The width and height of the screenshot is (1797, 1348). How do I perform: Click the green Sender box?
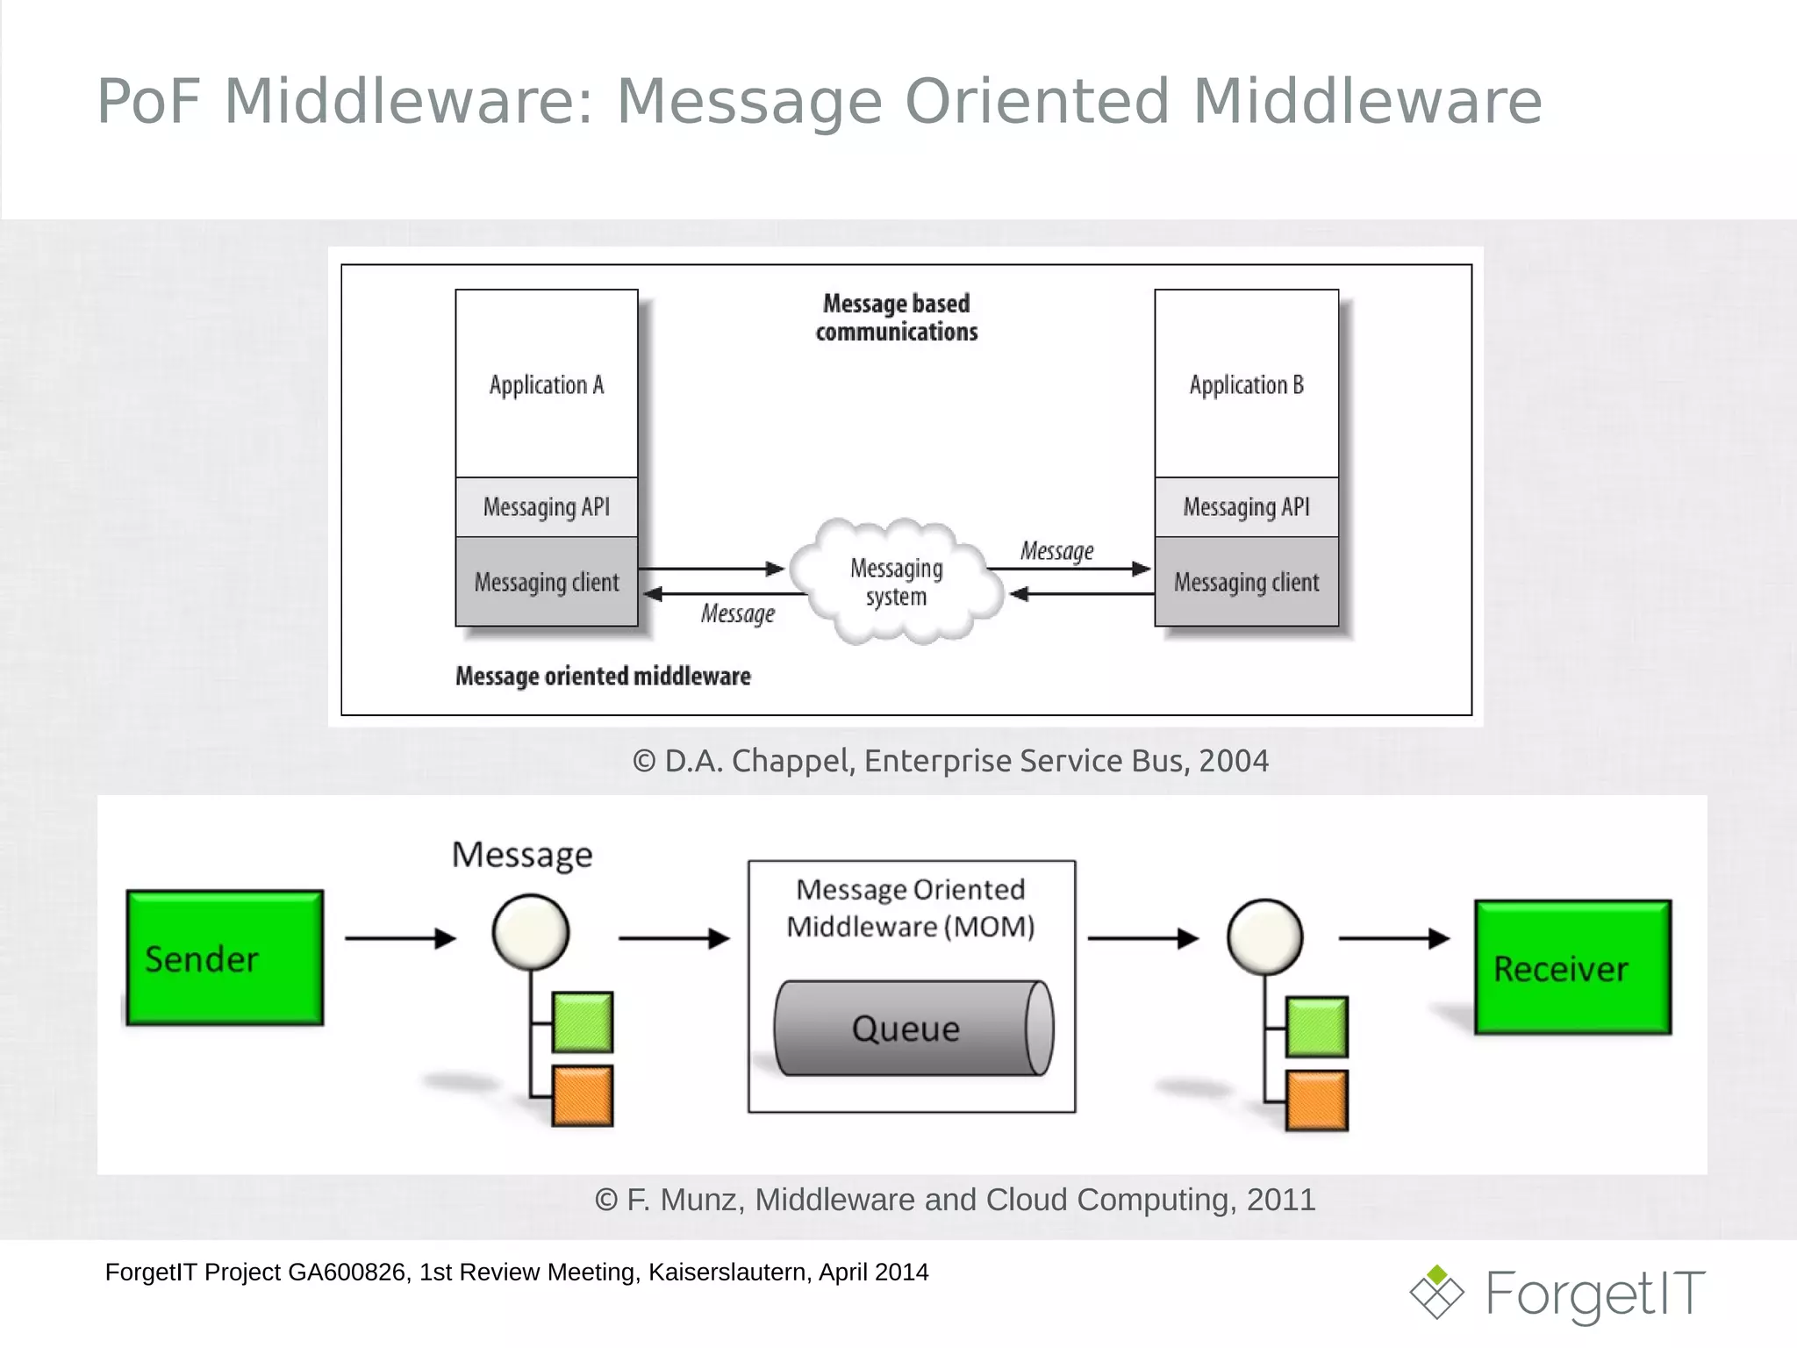click(225, 957)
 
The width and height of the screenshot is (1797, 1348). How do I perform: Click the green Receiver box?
click(1572, 967)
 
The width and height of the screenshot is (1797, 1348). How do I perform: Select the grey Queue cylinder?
click(913, 1028)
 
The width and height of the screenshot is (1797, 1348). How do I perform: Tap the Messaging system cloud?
click(896, 582)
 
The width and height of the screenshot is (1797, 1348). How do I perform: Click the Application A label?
click(547, 385)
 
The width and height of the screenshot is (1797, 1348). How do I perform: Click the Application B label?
click(1246, 385)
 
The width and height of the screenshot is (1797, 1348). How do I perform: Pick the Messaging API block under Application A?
click(547, 507)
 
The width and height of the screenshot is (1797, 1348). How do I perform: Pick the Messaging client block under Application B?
click(1246, 582)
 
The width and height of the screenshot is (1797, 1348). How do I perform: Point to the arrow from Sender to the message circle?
click(400, 938)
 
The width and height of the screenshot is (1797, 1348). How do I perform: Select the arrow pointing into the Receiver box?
click(1393, 938)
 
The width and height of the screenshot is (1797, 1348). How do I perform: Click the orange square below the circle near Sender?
click(583, 1095)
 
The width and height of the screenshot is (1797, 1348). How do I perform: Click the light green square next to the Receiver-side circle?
click(1317, 1026)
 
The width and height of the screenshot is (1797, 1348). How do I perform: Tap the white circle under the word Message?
click(531, 932)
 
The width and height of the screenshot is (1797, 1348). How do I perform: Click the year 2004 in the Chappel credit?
click(1233, 761)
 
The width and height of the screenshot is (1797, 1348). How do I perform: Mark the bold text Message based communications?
click(896, 318)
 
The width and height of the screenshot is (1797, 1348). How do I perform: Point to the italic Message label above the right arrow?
click(1056, 551)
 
